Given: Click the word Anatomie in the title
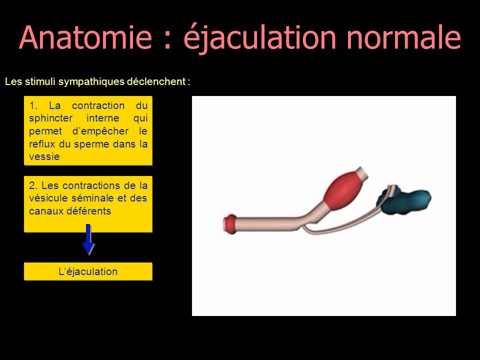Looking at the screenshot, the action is point(85,37).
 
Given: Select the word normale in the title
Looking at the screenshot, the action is point(403,37).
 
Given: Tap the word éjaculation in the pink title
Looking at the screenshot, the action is point(260,39).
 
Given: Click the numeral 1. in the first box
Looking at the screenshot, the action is point(33,105).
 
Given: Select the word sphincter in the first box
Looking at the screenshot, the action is point(51,118).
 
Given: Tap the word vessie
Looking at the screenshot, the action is point(44,156).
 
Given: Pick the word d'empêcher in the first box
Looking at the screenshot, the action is point(100,131).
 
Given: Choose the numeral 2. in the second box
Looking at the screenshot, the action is point(33,185).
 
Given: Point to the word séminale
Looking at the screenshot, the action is point(93,198).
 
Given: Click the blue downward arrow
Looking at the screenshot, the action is point(88,239).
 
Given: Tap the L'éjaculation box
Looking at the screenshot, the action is point(88,271).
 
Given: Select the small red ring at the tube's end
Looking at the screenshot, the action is point(230,224).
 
